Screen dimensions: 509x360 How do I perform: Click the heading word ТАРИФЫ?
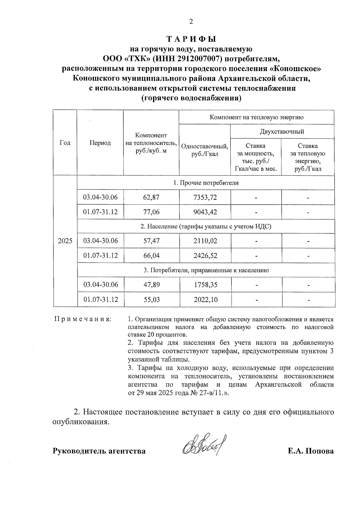pos(191,40)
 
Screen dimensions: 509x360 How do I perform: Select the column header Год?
pos(65,143)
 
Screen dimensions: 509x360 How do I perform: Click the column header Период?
pos(100,143)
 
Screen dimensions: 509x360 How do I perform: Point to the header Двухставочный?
pos(282,131)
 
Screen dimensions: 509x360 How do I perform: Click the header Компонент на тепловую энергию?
pos(256,117)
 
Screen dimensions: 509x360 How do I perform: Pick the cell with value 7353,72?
pos(205,197)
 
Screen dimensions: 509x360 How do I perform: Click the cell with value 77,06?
pos(151,212)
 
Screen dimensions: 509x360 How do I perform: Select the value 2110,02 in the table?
pos(205,241)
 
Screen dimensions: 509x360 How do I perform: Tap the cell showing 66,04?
pos(151,256)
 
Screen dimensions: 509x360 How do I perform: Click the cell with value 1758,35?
pos(205,285)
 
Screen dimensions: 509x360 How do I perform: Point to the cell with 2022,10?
pos(205,299)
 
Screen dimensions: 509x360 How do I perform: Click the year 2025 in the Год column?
pos(65,241)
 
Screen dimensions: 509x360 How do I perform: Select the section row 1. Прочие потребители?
pos(206,183)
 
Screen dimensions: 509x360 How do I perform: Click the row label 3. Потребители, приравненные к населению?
pos(206,270)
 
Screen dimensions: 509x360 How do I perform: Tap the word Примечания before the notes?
pos(82,319)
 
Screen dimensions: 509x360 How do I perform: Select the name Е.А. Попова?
pos(310,451)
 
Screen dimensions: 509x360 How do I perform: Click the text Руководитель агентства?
pos(99,451)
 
